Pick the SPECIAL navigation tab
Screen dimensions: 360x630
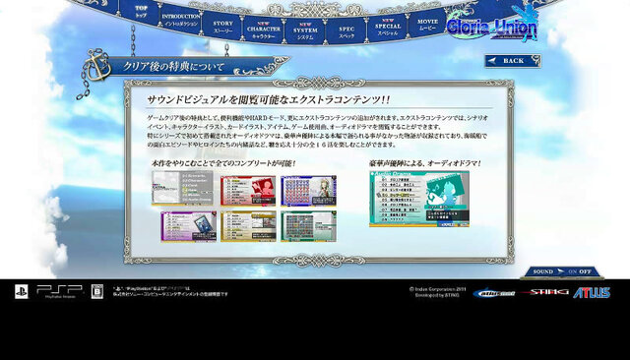pyautogui.click(x=387, y=27)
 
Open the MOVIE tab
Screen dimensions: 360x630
pyautogui.click(x=427, y=23)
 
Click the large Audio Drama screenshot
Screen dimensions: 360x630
pyautogui.click(x=418, y=200)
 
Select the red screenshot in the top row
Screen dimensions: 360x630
pyautogui.click(x=247, y=191)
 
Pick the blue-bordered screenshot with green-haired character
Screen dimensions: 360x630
pyautogui.click(x=308, y=191)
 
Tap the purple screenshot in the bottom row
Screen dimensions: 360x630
pyautogui.click(x=186, y=226)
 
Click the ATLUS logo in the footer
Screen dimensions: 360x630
pyautogui.click(x=593, y=292)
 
